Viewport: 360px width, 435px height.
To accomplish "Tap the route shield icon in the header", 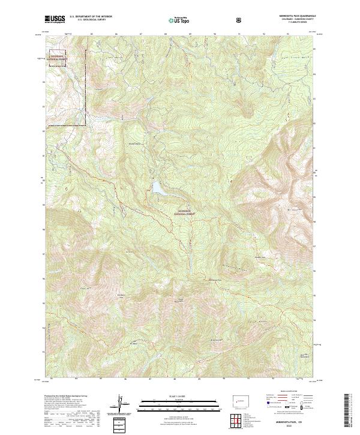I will pos(240,20).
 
